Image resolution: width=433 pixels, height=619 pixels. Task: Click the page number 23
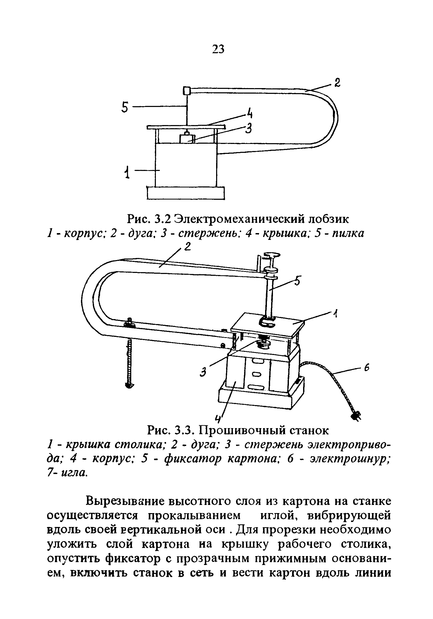[x=218, y=49]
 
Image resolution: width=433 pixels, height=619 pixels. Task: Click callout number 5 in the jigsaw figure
[x=124, y=107]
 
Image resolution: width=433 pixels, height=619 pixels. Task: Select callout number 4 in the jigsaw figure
[x=250, y=113]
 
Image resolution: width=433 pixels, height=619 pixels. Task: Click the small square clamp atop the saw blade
[x=187, y=90]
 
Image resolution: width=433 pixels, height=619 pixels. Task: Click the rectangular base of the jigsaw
[x=186, y=193]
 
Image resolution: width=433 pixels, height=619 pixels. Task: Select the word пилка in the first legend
[x=348, y=233]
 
